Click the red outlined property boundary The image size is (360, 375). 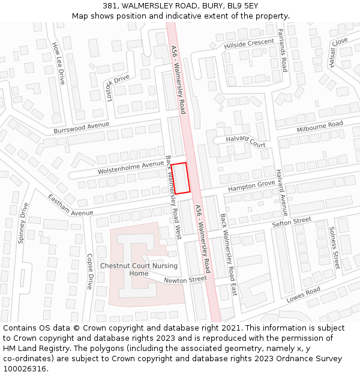click(x=182, y=178)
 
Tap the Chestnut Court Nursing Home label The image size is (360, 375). click(x=139, y=269)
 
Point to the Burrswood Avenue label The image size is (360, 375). click(x=82, y=128)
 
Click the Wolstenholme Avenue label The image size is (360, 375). click(x=131, y=168)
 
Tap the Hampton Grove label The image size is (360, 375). click(x=251, y=188)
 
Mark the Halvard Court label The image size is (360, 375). click(x=245, y=142)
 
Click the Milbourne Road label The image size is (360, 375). click(x=320, y=127)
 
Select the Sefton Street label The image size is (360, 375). click(x=292, y=222)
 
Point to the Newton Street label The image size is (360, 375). click(x=185, y=280)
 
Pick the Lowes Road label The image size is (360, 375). click(x=304, y=295)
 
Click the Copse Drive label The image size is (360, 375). click(x=89, y=272)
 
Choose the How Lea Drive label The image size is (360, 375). click(x=58, y=62)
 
